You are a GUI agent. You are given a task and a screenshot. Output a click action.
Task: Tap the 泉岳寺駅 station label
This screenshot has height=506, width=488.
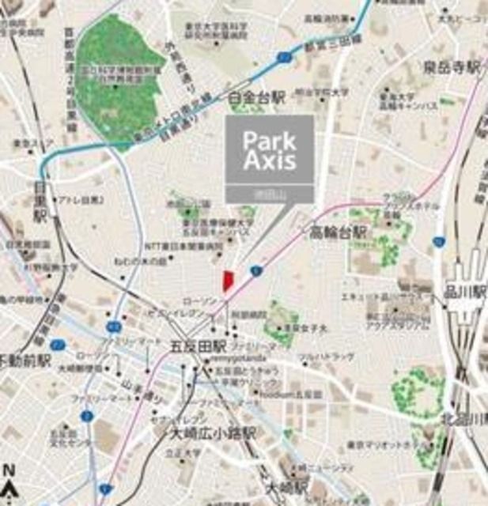[x=452, y=67]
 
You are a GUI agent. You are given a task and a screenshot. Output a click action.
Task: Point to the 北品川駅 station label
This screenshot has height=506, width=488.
[x=464, y=419]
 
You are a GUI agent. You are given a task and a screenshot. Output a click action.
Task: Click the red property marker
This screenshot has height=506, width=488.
[x=228, y=281]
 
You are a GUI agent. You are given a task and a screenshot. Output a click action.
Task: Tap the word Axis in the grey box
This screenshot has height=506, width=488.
[x=270, y=163]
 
